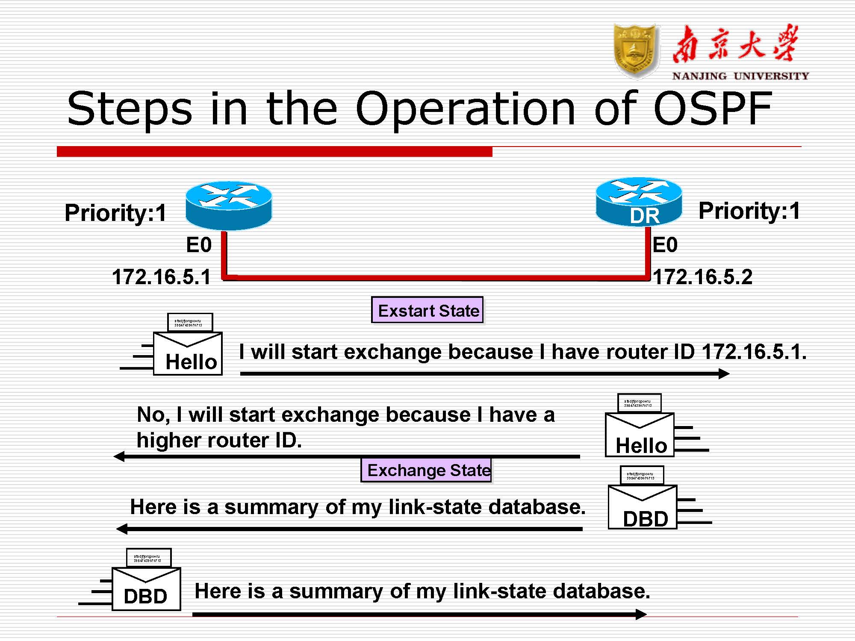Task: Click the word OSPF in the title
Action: click(x=713, y=109)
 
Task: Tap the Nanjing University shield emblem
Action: click(x=636, y=51)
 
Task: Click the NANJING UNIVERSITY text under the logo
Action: click(x=740, y=76)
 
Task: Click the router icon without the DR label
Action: click(x=229, y=206)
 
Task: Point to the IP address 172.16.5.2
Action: click(x=702, y=277)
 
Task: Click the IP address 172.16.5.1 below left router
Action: click(x=161, y=277)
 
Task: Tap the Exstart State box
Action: click(x=427, y=310)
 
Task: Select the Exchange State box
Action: click(x=427, y=470)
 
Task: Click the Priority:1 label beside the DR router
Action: click(x=749, y=211)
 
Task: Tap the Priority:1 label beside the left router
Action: click(x=115, y=213)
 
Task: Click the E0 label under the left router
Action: click(x=199, y=245)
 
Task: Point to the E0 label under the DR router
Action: click(x=665, y=245)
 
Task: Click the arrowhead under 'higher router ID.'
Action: click(x=119, y=456)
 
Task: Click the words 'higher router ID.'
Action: click(x=219, y=440)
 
